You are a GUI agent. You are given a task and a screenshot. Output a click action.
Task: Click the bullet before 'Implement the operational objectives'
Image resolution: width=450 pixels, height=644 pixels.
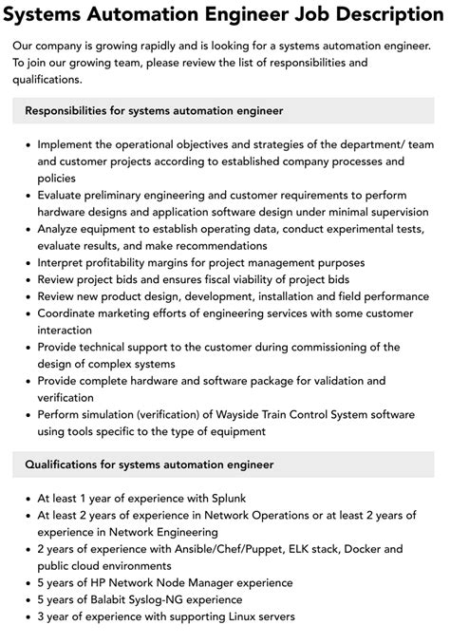[27, 145]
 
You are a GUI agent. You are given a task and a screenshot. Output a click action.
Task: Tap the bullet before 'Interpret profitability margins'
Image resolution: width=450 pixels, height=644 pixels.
[27, 263]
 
